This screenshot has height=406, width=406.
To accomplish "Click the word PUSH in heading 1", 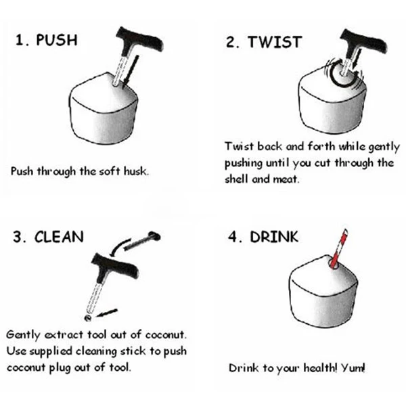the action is [x=57, y=40].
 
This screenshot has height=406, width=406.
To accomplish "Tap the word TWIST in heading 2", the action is [x=275, y=42].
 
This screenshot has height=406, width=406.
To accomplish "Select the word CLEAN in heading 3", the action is [x=59, y=237].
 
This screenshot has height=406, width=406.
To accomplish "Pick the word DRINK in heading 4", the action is [x=274, y=237].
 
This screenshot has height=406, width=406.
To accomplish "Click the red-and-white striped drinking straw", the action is [x=339, y=248].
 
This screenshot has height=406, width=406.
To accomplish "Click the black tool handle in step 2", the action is [x=364, y=41].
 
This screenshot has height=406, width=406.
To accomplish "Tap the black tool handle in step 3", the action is [x=115, y=265].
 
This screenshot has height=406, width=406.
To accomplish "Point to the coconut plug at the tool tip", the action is [x=88, y=318].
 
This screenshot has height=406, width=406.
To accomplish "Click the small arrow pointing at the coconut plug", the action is [x=107, y=313].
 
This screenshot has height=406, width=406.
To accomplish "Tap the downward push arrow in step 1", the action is [x=131, y=70].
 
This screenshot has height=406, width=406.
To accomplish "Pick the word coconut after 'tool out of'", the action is [x=166, y=335].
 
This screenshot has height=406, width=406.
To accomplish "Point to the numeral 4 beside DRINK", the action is [x=233, y=237].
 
